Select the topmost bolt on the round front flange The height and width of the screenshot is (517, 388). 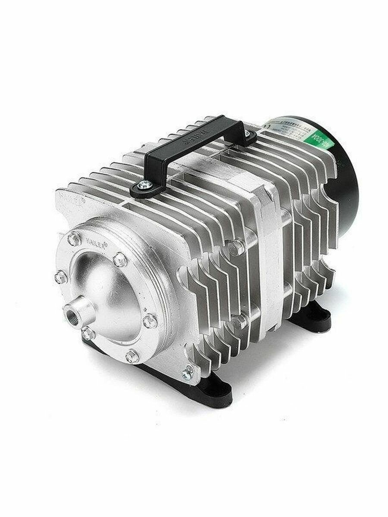click(x=74, y=238)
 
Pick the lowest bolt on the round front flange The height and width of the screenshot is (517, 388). click(x=132, y=356)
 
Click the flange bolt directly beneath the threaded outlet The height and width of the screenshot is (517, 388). click(x=88, y=333)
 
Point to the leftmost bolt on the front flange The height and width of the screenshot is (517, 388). click(x=61, y=277)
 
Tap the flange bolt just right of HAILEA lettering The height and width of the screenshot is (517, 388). click(x=120, y=259)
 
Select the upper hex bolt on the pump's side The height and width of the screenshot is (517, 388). click(x=236, y=247)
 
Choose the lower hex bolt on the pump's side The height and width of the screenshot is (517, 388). click(x=238, y=321)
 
